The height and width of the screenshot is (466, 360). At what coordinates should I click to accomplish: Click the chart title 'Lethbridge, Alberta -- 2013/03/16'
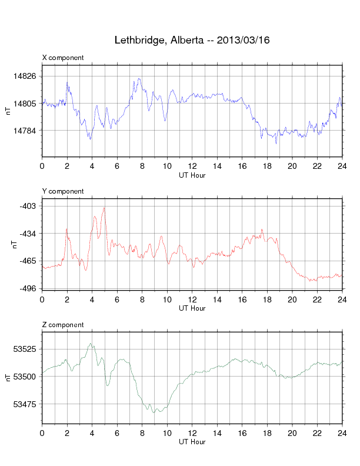pos(192,41)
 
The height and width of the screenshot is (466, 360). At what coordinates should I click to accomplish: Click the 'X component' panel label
pos(63,58)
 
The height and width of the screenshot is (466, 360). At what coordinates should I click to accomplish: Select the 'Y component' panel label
pos(63,191)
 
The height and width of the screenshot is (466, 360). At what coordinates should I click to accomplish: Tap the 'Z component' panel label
pos(63,325)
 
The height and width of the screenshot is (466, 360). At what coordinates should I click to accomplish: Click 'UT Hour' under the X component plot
pos(192,175)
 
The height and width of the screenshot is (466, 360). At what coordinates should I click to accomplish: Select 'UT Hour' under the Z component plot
pos(192,442)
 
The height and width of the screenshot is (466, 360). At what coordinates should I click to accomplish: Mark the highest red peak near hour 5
pos(104,208)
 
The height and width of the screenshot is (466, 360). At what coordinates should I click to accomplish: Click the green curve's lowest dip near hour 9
pos(155,412)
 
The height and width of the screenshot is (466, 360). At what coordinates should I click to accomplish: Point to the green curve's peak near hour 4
pos(91,344)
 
